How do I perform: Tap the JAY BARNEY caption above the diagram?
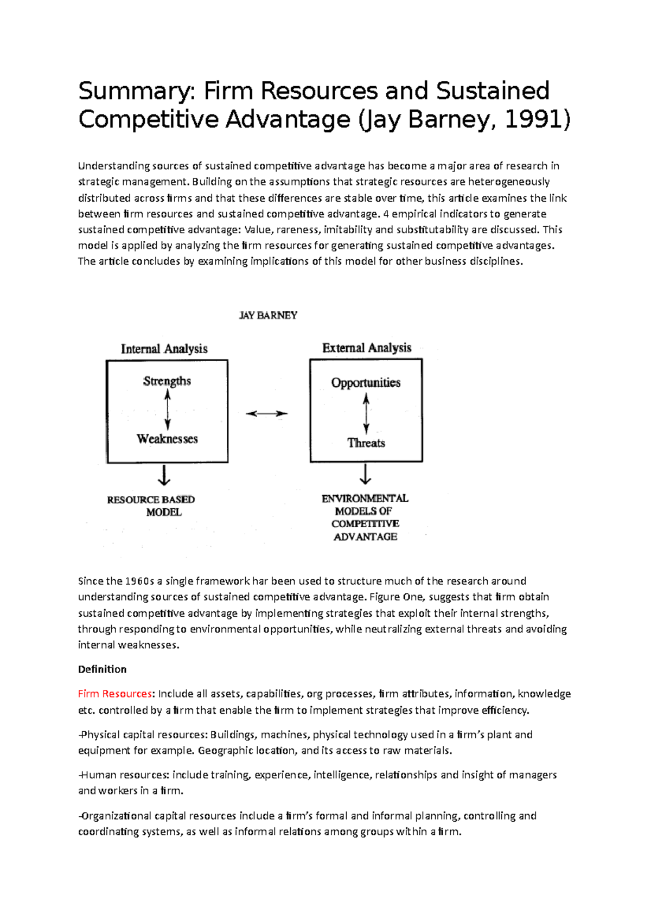click(x=268, y=315)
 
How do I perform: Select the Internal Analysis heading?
click(x=164, y=349)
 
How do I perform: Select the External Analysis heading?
click(x=367, y=348)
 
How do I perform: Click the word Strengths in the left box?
click(x=167, y=381)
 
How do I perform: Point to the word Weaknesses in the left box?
click(x=167, y=439)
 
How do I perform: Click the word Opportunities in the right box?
click(x=366, y=382)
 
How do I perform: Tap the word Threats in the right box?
click(x=366, y=443)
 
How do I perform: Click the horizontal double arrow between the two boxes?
click(x=266, y=413)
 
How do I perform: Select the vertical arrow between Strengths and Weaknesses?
click(x=167, y=410)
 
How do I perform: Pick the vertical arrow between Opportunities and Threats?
click(x=366, y=413)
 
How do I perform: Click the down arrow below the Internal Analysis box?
click(x=164, y=475)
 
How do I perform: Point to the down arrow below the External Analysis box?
click(x=366, y=474)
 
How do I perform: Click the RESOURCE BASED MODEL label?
click(x=151, y=505)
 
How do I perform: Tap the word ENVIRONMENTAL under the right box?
click(x=365, y=498)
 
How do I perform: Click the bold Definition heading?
click(x=102, y=669)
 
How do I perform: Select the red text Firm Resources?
click(x=115, y=694)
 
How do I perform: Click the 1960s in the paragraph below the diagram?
click(x=140, y=581)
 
